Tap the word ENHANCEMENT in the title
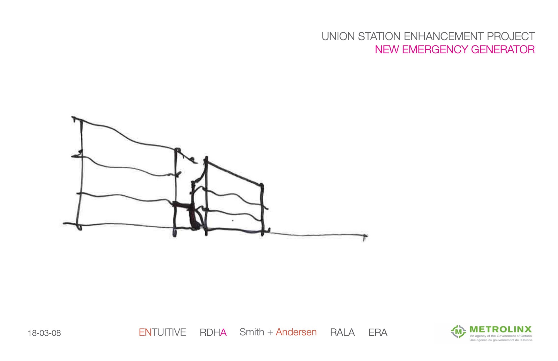pyautogui.click(x=444, y=37)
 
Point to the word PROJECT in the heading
pyautogui.click(x=511, y=37)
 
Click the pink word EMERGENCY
pyautogui.click(x=435, y=50)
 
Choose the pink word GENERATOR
pyautogui.click(x=503, y=50)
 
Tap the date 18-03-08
pyautogui.click(x=44, y=333)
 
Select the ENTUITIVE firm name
pyautogui.click(x=162, y=332)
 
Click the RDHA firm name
pyautogui.click(x=213, y=332)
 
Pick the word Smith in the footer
pyautogui.click(x=252, y=332)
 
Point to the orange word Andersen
pyautogui.click(x=296, y=332)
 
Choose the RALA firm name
pyautogui.click(x=342, y=332)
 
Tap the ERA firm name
pyautogui.click(x=378, y=332)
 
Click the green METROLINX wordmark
pyautogui.click(x=501, y=329)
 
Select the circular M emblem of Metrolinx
pyautogui.click(x=458, y=332)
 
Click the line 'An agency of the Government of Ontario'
pyautogui.click(x=501, y=336)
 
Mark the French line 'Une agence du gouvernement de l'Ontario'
pyautogui.click(x=501, y=340)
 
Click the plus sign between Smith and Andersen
pyautogui.click(x=270, y=333)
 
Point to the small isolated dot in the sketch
pyautogui.click(x=233, y=220)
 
